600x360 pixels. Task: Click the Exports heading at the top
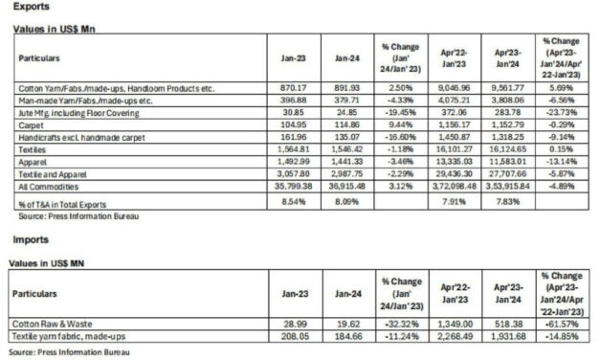click(x=32, y=7)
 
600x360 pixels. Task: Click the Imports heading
click(x=32, y=240)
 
